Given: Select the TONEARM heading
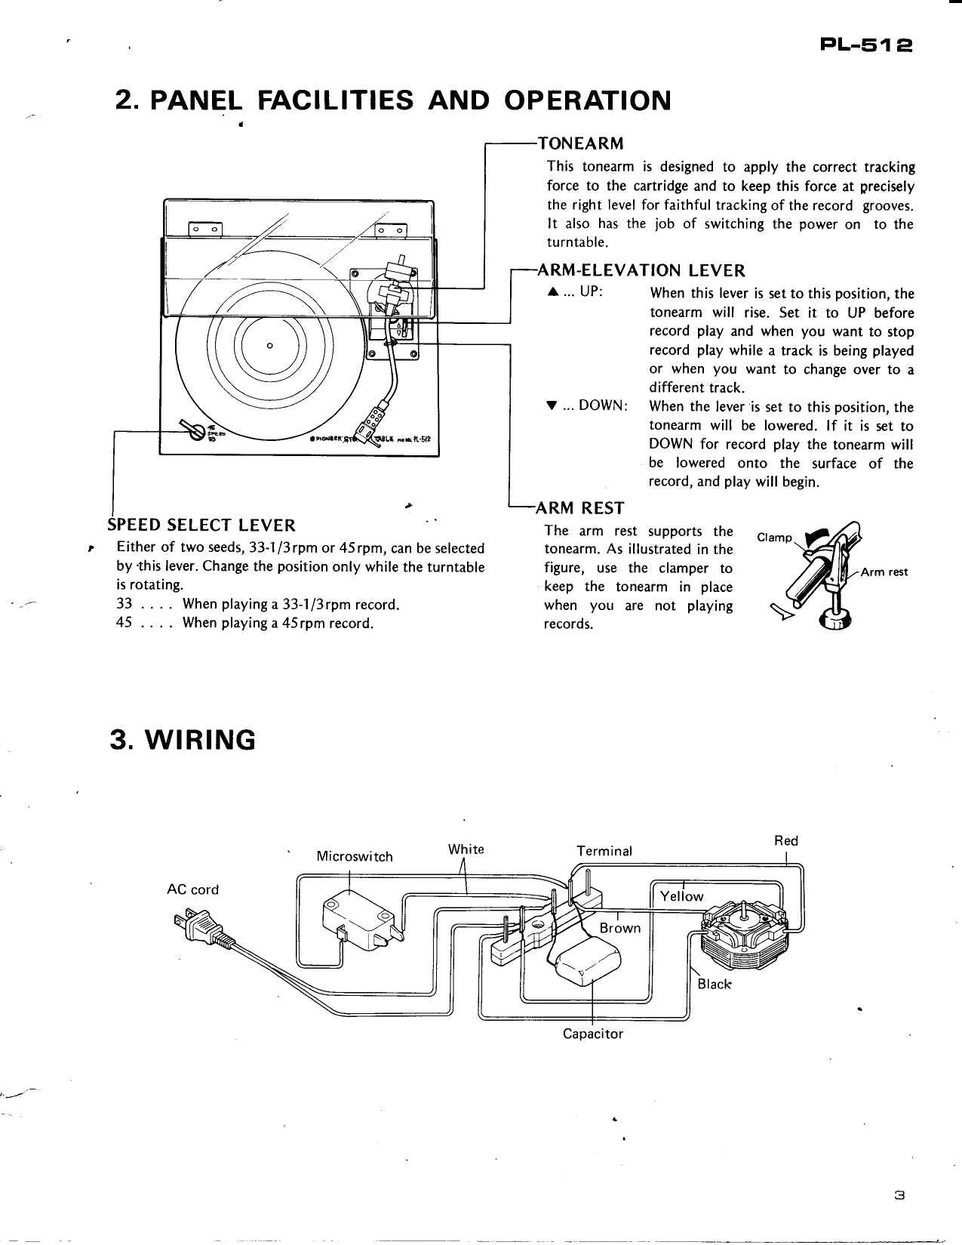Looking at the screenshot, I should click(x=579, y=143).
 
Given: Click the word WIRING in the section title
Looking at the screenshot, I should click(x=204, y=740).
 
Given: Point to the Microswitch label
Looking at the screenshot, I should click(x=355, y=856).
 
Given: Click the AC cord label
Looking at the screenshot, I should click(x=192, y=889).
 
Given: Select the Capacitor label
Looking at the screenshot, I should click(x=593, y=1034).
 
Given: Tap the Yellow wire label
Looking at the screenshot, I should click(x=681, y=896).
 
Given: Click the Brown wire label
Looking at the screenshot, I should click(x=619, y=928).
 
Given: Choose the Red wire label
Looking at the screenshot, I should click(x=785, y=840).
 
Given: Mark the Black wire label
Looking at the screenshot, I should click(x=714, y=984).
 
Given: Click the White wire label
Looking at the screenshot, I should click(x=466, y=849).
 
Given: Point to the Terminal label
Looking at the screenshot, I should click(x=604, y=851).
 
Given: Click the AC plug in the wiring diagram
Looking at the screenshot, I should click(x=198, y=926).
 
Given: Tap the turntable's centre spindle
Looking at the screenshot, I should click(x=269, y=346).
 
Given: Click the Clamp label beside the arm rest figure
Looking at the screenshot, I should click(x=774, y=538).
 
